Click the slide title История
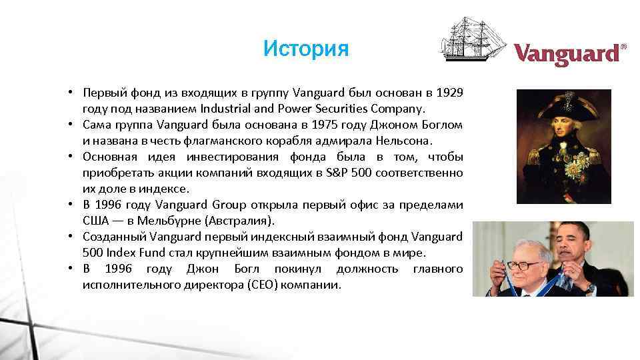(305, 49)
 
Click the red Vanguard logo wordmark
(567, 55)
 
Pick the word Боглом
(441, 125)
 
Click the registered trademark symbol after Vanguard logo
(623, 47)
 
